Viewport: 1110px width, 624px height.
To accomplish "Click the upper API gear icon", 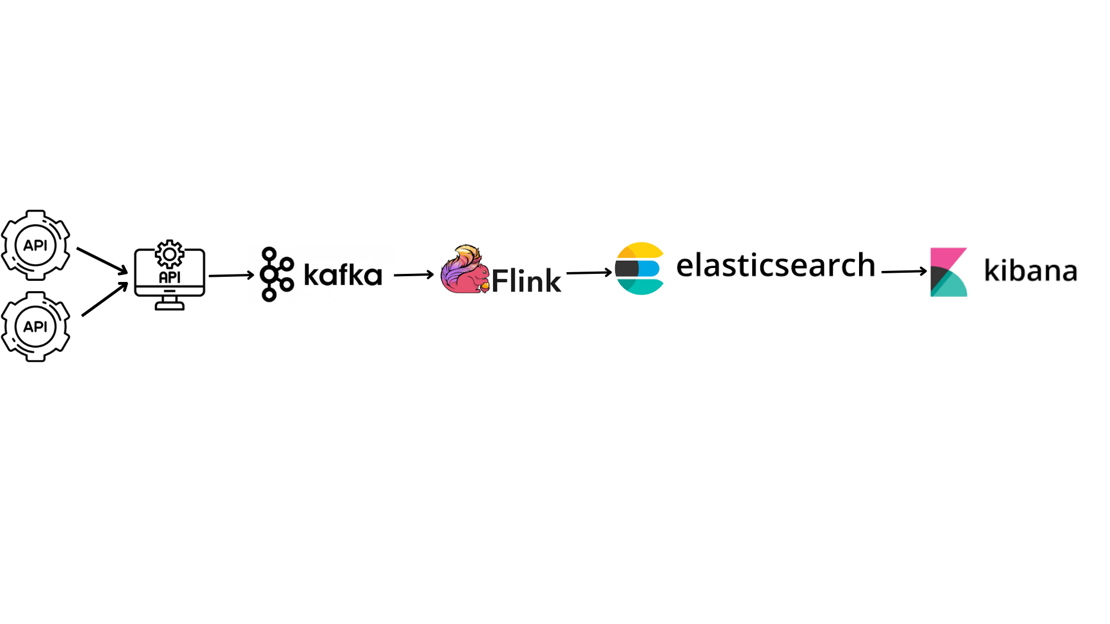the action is point(35,246).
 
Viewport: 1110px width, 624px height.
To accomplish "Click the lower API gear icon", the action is point(35,326).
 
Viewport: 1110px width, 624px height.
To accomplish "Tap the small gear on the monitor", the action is point(169,254).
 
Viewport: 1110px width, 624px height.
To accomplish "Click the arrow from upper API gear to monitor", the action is point(102,261).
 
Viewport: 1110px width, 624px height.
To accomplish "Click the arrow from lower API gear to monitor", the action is point(105,299).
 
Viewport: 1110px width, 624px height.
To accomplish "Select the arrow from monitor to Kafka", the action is point(231,275).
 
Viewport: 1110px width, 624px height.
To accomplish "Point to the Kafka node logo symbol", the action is point(276,274).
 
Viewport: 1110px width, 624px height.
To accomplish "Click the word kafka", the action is point(343,274).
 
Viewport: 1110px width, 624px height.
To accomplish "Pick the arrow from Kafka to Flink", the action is point(413,274).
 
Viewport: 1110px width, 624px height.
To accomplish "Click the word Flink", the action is point(526,281).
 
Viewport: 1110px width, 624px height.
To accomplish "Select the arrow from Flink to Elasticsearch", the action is point(589,272).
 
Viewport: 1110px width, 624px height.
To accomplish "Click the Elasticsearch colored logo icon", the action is point(639,269).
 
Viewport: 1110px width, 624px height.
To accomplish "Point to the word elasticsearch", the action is point(775,265).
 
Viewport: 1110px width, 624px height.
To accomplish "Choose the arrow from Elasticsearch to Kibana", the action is point(904,271).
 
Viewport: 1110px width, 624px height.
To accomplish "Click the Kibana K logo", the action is point(948,272).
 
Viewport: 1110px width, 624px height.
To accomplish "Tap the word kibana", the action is point(1030,270).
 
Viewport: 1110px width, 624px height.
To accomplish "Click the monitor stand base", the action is point(169,306).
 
